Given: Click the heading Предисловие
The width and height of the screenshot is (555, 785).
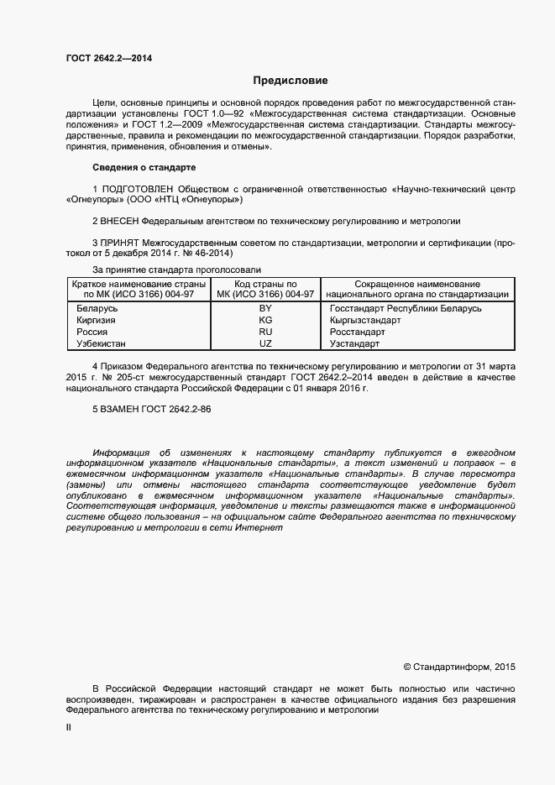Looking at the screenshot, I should coord(290,81).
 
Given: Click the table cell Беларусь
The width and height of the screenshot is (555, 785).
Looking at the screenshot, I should coord(97,309).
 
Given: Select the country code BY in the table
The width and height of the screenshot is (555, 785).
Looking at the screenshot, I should coord(265,309).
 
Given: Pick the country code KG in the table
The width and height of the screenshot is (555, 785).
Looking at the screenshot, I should coord(265,321).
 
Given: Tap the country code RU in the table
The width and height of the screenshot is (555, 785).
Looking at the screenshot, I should coord(265,332).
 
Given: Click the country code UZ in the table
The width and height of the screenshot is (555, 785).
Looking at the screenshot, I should coord(265,344).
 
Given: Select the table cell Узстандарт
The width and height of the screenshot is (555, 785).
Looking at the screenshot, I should coord(355,344).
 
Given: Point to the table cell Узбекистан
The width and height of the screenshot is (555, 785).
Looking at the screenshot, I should coord(102,344).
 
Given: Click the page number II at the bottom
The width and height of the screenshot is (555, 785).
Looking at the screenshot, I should coord(69,729).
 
